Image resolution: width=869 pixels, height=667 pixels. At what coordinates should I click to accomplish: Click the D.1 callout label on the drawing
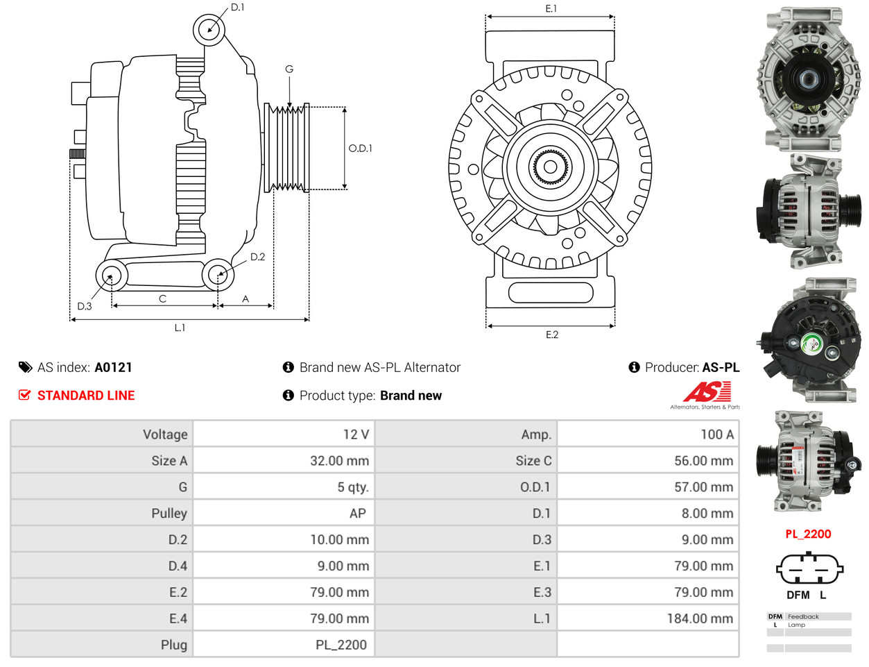pos(237,8)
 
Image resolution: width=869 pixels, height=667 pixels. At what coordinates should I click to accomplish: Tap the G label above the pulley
pos(289,69)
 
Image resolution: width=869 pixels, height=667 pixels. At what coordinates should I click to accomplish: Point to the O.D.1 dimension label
pos(360,149)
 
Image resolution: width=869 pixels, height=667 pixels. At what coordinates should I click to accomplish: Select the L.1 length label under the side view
pos(180,328)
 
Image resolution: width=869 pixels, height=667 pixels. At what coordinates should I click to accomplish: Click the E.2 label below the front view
pos(551,335)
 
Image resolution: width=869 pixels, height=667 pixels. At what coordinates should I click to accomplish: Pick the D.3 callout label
pos(85,306)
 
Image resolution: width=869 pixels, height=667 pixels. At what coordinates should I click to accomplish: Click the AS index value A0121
pos(113,368)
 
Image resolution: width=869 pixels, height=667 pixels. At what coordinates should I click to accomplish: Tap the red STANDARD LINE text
pos(86,396)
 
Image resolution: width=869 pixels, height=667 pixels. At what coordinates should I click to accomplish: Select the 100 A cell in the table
pos(716,434)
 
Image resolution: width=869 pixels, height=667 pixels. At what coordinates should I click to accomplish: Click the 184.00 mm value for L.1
pos(699,618)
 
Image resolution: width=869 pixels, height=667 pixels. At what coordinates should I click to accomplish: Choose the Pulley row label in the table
pos(169,514)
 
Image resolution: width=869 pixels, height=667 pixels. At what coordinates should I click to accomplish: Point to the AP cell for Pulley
pos(357,514)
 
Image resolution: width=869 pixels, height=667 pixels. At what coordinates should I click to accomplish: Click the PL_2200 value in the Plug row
pos(341,645)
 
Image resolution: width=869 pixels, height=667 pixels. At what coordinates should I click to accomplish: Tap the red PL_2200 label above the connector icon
pos(808,534)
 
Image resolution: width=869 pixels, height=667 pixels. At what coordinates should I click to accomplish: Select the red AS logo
pos(706,392)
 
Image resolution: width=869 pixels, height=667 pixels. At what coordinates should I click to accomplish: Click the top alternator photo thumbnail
pos(808,79)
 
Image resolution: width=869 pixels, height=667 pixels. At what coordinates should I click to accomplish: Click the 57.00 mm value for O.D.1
pos(703,487)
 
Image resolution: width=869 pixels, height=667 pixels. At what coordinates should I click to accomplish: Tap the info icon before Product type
pos(289,396)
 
